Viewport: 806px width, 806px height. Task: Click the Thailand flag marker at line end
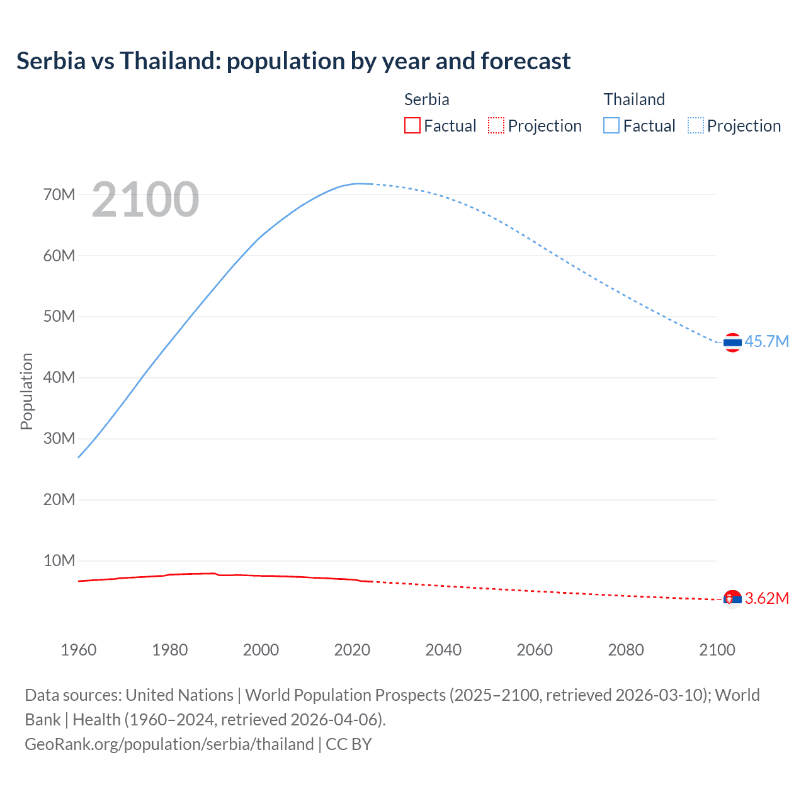pos(732,343)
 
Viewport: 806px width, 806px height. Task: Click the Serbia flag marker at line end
pos(732,599)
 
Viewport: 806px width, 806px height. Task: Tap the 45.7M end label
pos(766,341)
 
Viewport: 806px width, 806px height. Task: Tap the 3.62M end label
pos(766,598)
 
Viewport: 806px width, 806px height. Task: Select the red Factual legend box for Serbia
pos(412,125)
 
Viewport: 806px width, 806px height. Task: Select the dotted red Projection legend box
pos(496,125)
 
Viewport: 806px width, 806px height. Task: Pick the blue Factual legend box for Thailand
pos(611,125)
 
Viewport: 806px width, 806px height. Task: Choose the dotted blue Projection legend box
pos(696,125)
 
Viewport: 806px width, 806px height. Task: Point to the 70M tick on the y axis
pos(59,195)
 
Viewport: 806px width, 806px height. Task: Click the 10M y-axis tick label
pos(59,560)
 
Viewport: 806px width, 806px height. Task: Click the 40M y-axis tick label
pos(59,377)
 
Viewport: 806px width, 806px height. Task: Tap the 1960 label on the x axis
pos(79,650)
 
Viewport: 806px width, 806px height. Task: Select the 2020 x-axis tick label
pos(352,650)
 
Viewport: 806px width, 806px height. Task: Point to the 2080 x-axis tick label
pos(626,650)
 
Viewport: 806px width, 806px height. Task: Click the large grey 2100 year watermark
pos(145,200)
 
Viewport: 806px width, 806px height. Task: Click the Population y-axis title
pos(26,391)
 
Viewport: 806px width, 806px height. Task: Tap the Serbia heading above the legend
pos(426,99)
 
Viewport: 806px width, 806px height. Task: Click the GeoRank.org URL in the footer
pos(169,744)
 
